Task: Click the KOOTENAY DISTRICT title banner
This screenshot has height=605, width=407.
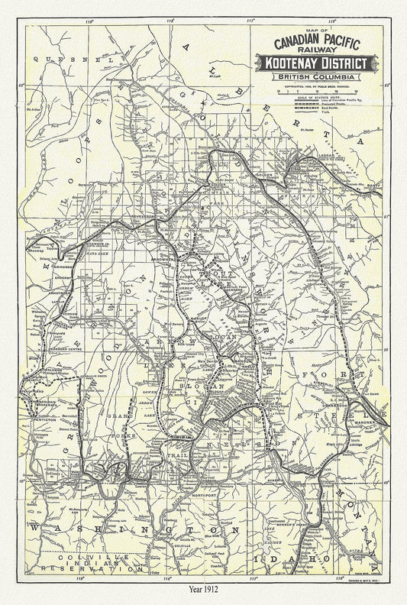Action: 315,63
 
